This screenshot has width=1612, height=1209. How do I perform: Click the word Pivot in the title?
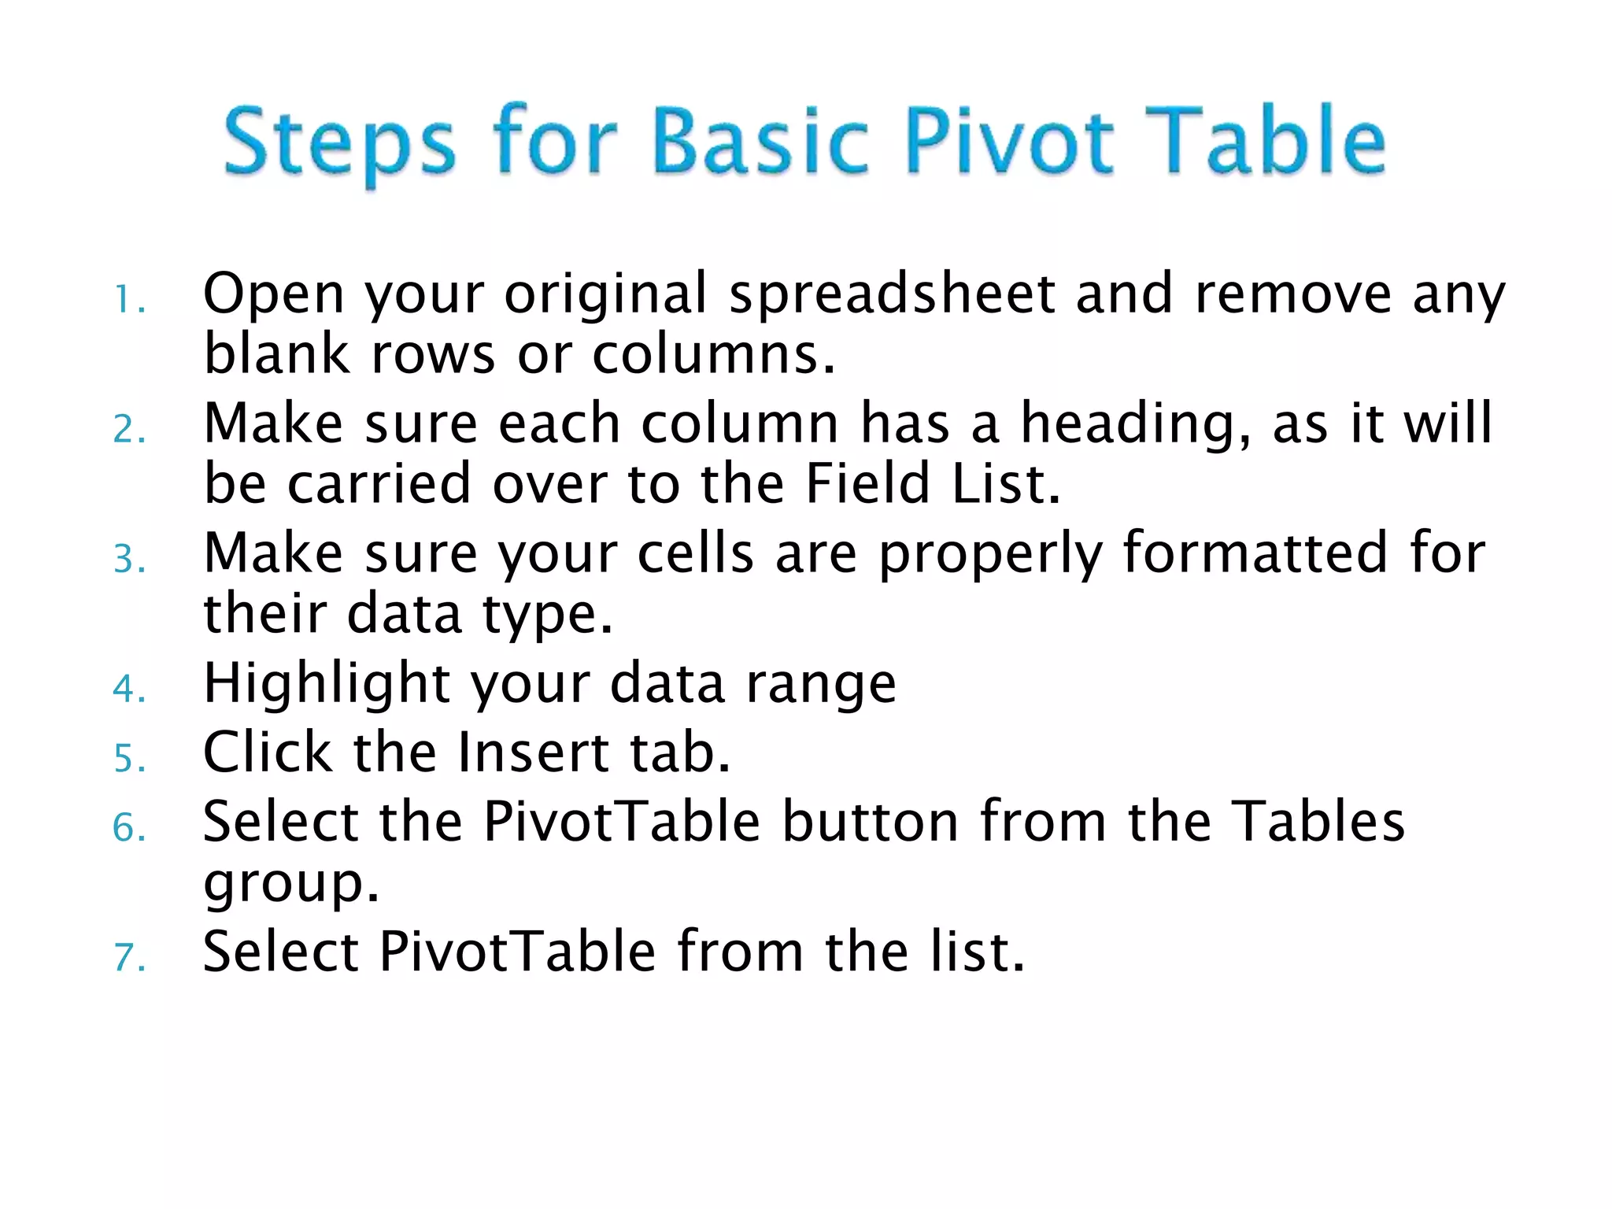coord(1009,142)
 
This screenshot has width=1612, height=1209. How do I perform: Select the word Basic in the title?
coord(760,142)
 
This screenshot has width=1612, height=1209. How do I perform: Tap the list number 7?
coord(128,958)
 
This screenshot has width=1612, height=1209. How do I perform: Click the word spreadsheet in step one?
coord(892,294)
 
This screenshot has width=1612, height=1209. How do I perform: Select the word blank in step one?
coord(276,353)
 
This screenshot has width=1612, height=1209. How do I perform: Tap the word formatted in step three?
coord(1255,553)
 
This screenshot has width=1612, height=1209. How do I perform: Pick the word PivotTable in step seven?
coord(517,952)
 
